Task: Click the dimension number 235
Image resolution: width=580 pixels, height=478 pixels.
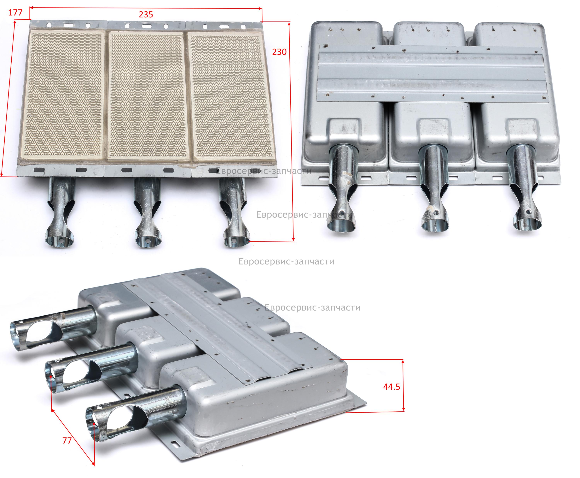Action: pyautogui.click(x=146, y=14)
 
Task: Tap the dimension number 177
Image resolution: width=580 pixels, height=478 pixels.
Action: pyautogui.click(x=15, y=12)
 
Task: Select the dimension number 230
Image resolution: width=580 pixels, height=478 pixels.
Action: pyautogui.click(x=279, y=51)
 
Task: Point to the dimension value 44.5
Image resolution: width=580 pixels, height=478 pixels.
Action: pyautogui.click(x=392, y=387)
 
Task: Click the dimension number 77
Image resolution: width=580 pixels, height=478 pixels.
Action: pyautogui.click(x=67, y=441)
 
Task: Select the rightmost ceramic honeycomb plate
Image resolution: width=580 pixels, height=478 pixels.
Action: pyautogui.click(x=232, y=96)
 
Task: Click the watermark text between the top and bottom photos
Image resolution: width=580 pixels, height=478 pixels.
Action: pyautogui.click(x=286, y=261)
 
